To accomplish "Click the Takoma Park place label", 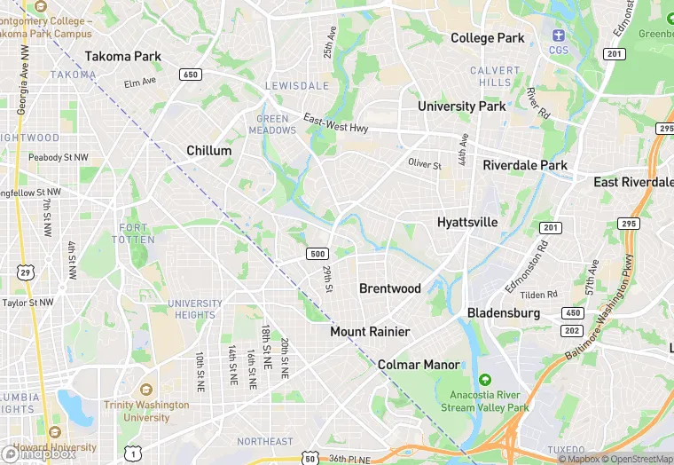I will pyautogui.click(x=123, y=56).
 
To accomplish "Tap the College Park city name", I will pyautogui.click(x=488, y=38).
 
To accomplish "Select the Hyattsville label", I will pyautogui.click(x=467, y=222).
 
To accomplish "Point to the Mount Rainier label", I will pyautogui.click(x=370, y=331).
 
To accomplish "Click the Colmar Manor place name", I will pyautogui.click(x=419, y=365).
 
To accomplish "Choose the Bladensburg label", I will pyautogui.click(x=504, y=313).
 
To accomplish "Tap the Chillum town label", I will pyautogui.click(x=209, y=151).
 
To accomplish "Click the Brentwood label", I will pyautogui.click(x=390, y=288).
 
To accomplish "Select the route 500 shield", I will pyautogui.click(x=317, y=254).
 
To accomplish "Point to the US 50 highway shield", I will pyautogui.click(x=310, y=457).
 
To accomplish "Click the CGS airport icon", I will pyautogui.click(x=559, y=35).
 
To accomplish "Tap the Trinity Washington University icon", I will pyautogui.click(x=145, y=390).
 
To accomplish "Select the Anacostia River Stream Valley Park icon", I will pyautogui.click(x=485, y=380).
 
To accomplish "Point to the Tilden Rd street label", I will pyautogui.click(x=538, y=294).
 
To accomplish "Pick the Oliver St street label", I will pyautogui.click(x=424, y=164).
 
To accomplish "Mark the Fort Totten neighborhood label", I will pyautogui.click(x=134, y=234).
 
